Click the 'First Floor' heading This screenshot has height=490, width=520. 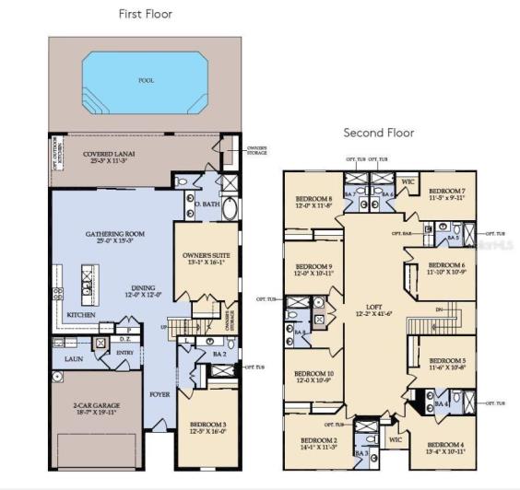pos(146,14)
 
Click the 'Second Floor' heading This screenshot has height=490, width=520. pos(379,133)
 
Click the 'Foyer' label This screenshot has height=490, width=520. pos(160,393)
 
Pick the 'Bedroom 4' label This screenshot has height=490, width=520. pos(445,447)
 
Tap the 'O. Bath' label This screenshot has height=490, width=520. pos(205,203)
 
